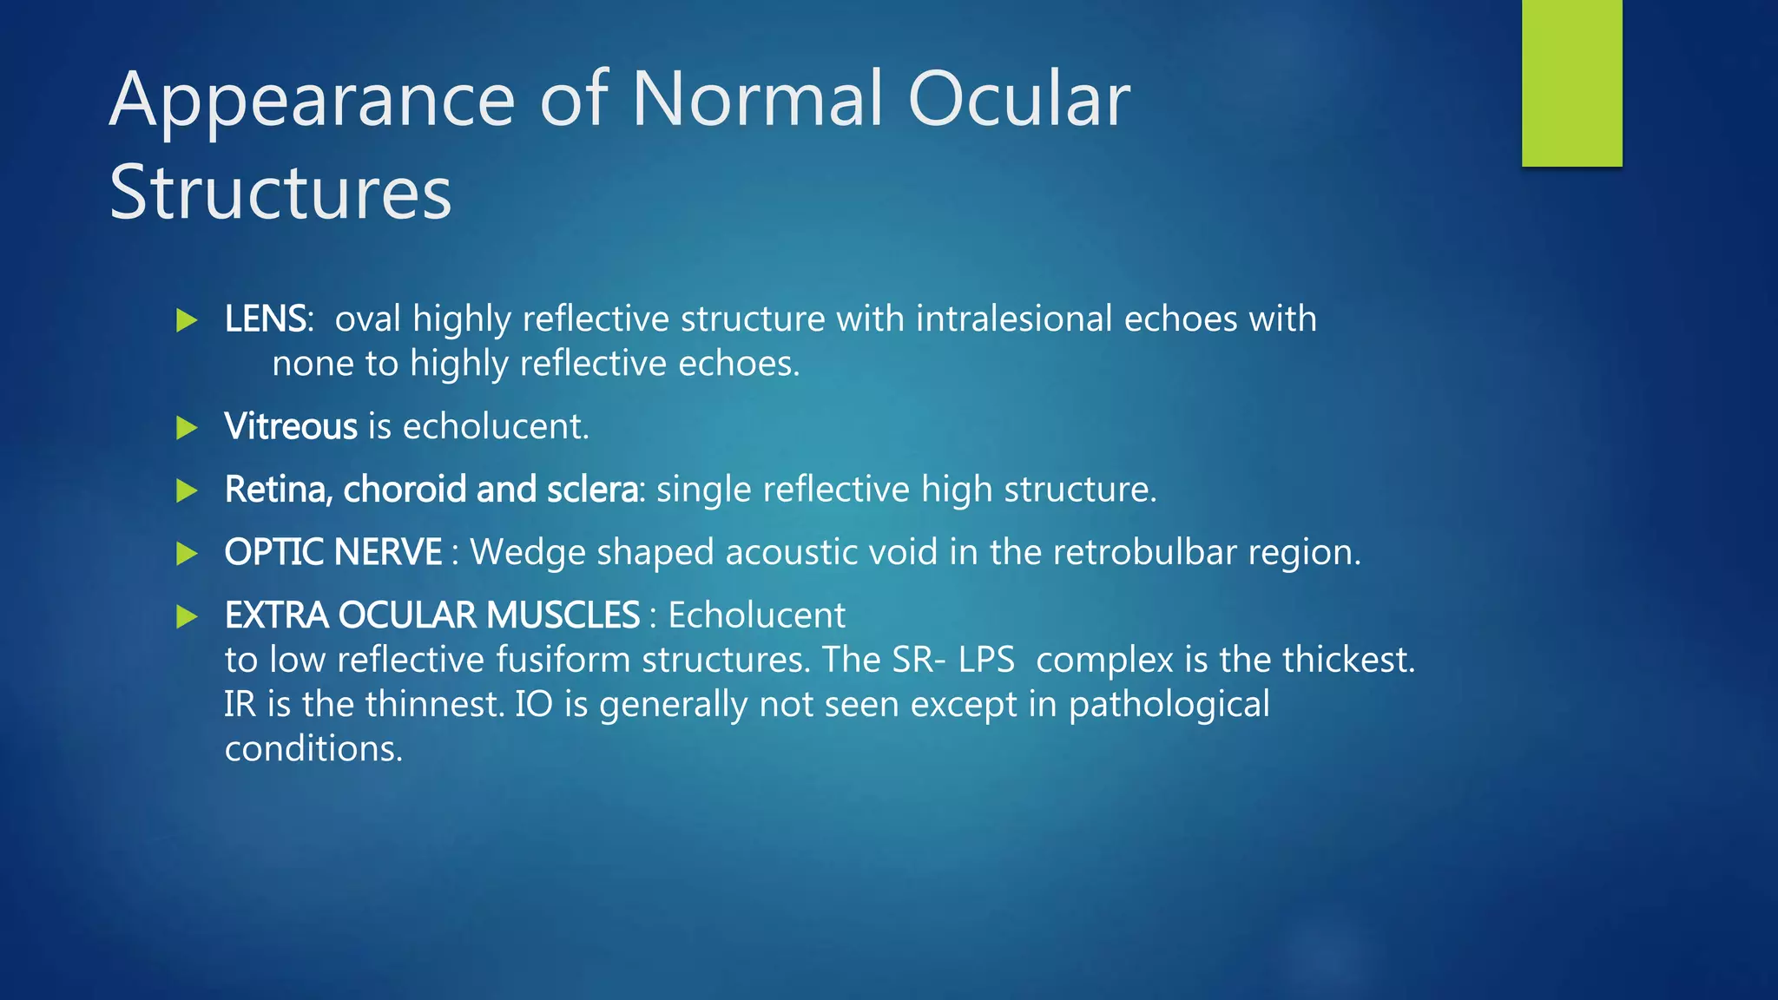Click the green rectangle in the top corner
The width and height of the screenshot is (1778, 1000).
pyautogui.click(x=1571, y=82)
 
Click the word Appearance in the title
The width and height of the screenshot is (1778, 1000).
pyautogui.click(x=313, y=101)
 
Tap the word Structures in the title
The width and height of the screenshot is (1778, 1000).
pyautogui.click(x=280, y=193)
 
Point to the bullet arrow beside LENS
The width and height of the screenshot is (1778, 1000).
pyautogui.click(x=187, y=320)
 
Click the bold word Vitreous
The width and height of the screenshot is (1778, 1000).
pyautogui.click(x=291, y=426)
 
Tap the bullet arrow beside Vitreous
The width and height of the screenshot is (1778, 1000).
pyautogui.click(x=187, y=427)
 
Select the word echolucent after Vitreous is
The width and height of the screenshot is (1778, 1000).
pyautogui.click(x=495, y=426)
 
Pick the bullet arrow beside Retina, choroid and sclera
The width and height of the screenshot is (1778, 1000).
pyautogui.click(x=187, y=490)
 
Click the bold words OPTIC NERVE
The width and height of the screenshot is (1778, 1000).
pyautogui.click(x=333, y=552)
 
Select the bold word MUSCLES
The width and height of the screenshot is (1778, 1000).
pyautogui.click(x=563, y=615)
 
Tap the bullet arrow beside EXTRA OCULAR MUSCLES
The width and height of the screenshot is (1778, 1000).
pyautogui.click(x=187, y=616)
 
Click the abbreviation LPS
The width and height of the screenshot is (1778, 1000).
pyautogui.click(x=986, y=660)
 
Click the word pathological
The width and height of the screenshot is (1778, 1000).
pyautogui.click(x=1169, y=705)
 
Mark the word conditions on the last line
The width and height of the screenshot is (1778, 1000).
pyautogui.click(x=313, y=749)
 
